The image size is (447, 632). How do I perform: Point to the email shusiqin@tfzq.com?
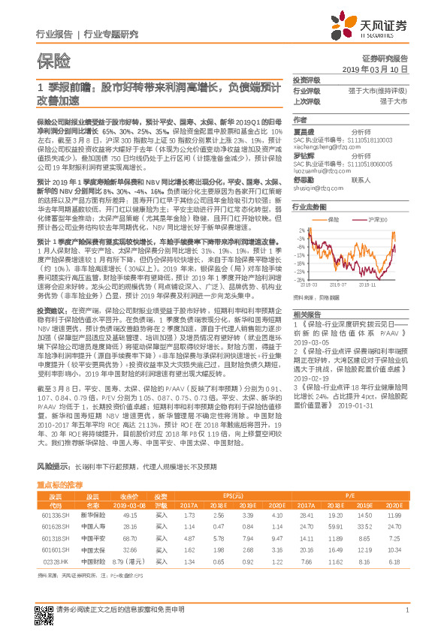pyautogui.click(x=316, y=190)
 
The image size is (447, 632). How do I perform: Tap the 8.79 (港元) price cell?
pyautogui.click(x=128, y=561)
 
